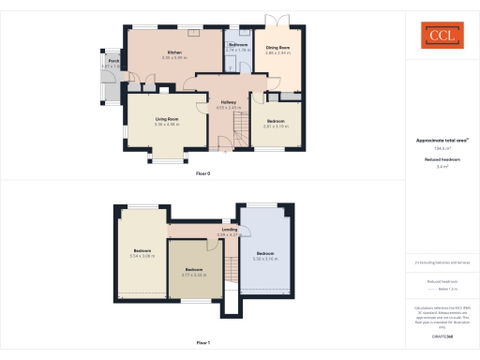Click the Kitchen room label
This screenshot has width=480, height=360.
point(174,52)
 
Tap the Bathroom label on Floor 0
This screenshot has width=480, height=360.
point(238,44)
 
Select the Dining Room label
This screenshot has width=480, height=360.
point(277,48)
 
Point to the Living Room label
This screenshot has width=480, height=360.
point(168,118)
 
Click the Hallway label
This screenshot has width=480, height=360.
point(228,102)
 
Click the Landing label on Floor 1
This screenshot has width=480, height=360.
point(229,228)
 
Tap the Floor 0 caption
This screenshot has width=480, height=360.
point(203,174)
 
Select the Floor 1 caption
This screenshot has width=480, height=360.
point(203,343)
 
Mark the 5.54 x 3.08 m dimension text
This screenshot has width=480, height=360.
point(142,256)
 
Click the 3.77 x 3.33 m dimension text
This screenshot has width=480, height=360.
point(194,276)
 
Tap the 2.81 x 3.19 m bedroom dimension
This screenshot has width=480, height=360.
point(277,126)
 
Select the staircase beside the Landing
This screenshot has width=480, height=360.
point(230,272)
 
